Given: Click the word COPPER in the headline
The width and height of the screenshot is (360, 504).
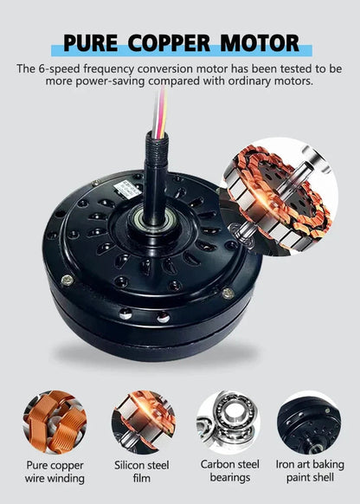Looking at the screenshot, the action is tap(169, 43).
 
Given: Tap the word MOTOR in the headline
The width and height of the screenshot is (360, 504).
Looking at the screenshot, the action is tap(260, 43).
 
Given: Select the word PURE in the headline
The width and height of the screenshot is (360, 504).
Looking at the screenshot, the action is tap(91, 43).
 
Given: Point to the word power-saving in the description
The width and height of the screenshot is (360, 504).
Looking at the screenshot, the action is tap(111, 81).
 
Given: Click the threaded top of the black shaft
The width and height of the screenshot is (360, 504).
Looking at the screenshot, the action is tap(156, 143).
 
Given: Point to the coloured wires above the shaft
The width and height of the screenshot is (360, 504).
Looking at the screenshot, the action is tap(160, 111).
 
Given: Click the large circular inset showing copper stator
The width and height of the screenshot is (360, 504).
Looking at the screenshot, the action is tap(279, 197).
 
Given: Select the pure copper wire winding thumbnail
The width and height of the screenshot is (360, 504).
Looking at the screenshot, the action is tap(55, 422).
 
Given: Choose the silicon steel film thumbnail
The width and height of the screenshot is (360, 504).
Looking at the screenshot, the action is tap(144, 422).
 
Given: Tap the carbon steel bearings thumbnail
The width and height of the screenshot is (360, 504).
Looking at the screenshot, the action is tap(228, 422).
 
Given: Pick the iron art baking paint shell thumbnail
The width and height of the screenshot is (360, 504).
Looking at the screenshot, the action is tap(309, 422).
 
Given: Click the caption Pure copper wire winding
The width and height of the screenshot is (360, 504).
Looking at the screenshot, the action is tap(55, 472).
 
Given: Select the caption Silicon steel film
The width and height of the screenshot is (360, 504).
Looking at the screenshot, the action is tap(142, 472).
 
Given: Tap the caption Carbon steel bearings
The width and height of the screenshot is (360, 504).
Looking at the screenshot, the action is tap(229, 471).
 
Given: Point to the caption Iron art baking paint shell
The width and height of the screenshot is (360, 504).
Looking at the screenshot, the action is tap(310, 471).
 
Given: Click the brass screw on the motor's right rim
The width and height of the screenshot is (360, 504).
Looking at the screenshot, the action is tap(228, 294).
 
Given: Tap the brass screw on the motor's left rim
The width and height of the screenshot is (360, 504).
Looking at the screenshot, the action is tap(67, 280).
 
